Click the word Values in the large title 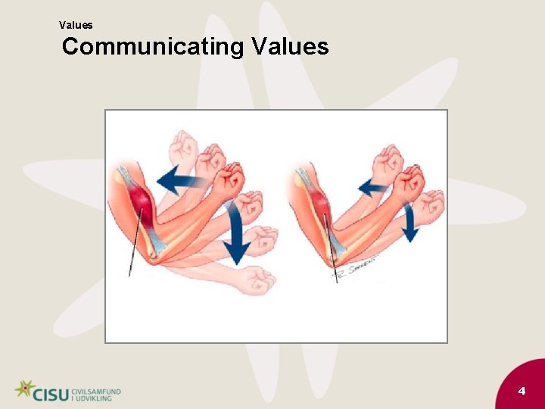(290, 47)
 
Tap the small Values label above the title (76, 25)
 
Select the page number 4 (522, 391)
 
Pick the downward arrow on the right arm (410, 223)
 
